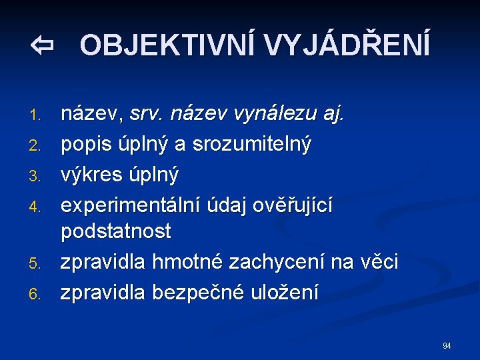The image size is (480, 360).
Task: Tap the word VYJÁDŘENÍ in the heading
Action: (347, 46)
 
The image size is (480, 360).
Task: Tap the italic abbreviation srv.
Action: (147, 115)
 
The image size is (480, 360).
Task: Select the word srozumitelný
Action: (252, 145)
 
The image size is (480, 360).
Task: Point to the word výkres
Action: (91, 175)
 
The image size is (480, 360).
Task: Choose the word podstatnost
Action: (116, 232)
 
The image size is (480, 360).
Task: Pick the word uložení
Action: (289, 292)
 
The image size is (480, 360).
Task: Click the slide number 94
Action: (446, 345)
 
